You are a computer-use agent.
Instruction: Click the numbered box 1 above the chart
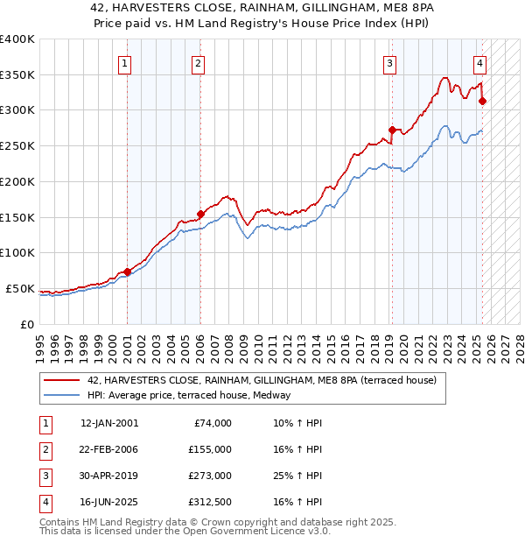(126, 62)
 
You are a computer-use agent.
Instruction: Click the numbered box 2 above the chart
(199, 62)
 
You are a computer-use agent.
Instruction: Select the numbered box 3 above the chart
(389, 62)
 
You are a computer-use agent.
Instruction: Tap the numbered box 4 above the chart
(480, 62)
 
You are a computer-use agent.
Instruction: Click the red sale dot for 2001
(127, 271)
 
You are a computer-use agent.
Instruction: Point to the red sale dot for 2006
(200, 213)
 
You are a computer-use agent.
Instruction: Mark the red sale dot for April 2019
(391, 130)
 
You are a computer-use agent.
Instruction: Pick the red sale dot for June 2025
(482, 101)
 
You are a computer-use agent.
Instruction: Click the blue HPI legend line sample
(61, 396)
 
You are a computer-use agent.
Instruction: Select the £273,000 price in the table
(210, 476)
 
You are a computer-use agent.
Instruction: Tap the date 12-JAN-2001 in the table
(108, 423)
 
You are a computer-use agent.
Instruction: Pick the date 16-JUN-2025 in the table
(108, 502)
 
